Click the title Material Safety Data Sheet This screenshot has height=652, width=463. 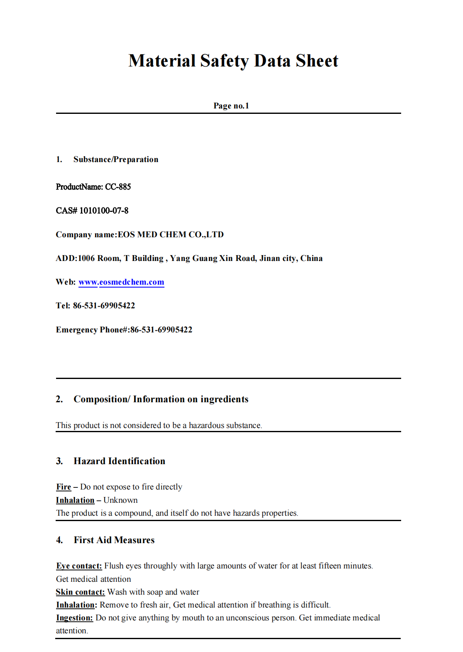(233, 61)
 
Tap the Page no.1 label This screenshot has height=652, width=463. (231, 106)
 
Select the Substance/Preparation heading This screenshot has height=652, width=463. (115, 160)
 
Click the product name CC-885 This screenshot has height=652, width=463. (118, 187)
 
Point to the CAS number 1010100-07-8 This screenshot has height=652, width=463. (104, 211)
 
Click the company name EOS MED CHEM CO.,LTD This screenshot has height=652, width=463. (171, 235)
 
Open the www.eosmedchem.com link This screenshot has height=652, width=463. (121, 282)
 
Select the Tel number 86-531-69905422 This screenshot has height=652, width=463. (104, 306)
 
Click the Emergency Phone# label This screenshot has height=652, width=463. (93, 330)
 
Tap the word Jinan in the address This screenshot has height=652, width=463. (270, 258)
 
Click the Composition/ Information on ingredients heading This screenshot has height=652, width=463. (161, 399)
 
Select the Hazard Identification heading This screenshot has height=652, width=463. (119, 461)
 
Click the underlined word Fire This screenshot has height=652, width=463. (64, 487)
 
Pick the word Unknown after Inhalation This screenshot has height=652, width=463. (120, 500)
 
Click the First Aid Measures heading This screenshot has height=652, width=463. (114, 540)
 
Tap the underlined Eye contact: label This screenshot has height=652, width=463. (79, 566)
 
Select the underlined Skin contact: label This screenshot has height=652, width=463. (80, 592)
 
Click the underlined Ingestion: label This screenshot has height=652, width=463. (74, 618)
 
